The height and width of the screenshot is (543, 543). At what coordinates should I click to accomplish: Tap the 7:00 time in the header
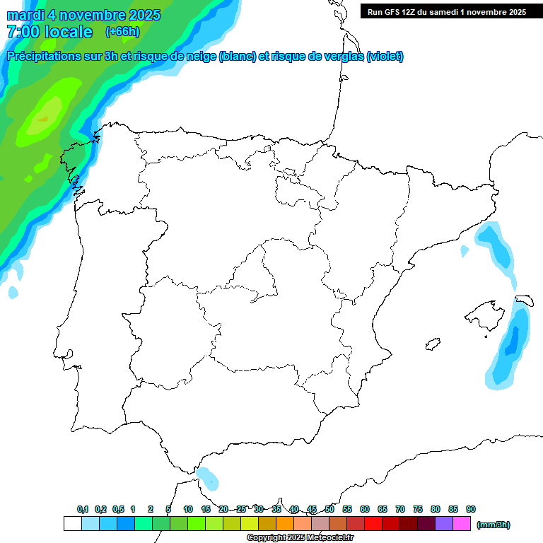24,32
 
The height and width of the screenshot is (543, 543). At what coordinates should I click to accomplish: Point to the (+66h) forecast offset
122,31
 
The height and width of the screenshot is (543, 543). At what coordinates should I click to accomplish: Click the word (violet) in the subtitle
385,57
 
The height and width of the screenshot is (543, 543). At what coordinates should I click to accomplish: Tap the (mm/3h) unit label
494,525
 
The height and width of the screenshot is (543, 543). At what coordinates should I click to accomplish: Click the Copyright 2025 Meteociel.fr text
300,538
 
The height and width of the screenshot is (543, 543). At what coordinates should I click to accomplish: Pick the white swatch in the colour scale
72,524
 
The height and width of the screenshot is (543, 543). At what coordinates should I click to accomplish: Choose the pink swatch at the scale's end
462,524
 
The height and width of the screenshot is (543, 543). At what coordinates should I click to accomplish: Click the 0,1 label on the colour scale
83,509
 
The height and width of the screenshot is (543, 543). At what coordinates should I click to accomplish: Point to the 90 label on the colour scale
471,509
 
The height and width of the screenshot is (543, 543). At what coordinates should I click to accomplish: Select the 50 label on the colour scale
329,509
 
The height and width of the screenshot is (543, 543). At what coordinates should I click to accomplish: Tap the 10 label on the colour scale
188,509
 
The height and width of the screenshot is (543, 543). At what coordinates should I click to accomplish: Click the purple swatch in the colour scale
444,524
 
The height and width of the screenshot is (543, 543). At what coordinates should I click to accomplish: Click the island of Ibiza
431,344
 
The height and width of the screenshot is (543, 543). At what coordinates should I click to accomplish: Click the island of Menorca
525,300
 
